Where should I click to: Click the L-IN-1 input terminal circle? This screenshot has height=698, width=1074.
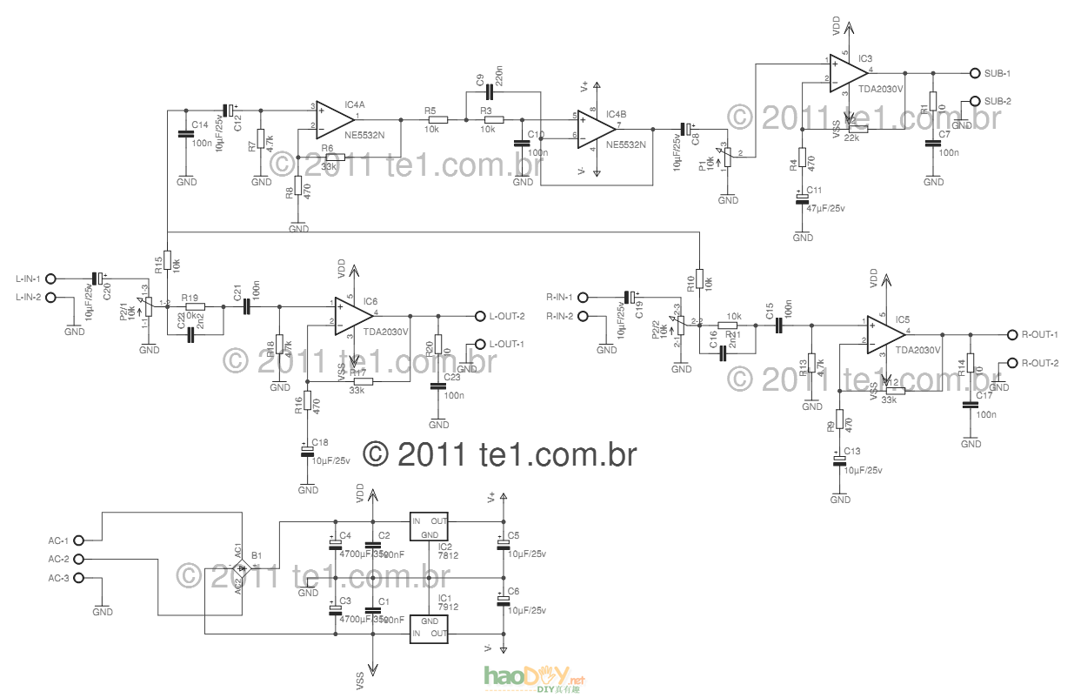(x=50, y=279)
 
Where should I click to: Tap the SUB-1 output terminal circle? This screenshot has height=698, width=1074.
(x=975, y=73)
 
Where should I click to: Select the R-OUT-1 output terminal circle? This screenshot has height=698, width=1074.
(x=1011, y=335)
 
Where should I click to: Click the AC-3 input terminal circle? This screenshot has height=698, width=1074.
(x=79, y=578)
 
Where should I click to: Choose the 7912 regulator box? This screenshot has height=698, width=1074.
(x=429, y=628)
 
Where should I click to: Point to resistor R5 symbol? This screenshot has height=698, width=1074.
(x=437, y=120)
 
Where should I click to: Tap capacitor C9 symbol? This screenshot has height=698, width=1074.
(x=487, y=92)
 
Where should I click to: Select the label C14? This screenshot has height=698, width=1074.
(x=199, y=125)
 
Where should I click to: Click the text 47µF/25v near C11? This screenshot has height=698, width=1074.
(x=825, y=208)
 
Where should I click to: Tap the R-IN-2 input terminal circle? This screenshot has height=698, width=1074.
(x=583, y=315)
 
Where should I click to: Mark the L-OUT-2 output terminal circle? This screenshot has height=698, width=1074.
(x=477, y=316)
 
